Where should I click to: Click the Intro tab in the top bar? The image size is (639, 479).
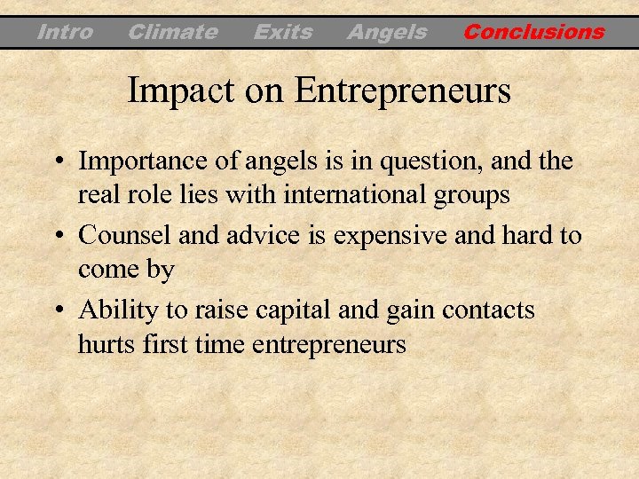click(65, 33)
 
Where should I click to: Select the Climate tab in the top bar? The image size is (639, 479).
click(172, 33)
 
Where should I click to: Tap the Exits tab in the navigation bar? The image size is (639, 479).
click(282, 33)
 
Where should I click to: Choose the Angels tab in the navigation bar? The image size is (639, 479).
click(386, 33)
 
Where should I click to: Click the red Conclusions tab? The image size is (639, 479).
click(533, 33)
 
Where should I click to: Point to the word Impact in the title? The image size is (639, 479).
click(177, 90)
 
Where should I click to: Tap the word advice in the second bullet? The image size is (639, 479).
click(258, 236)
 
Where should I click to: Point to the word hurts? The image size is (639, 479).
click(105, 342)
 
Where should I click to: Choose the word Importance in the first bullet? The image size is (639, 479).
click(142, 163)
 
